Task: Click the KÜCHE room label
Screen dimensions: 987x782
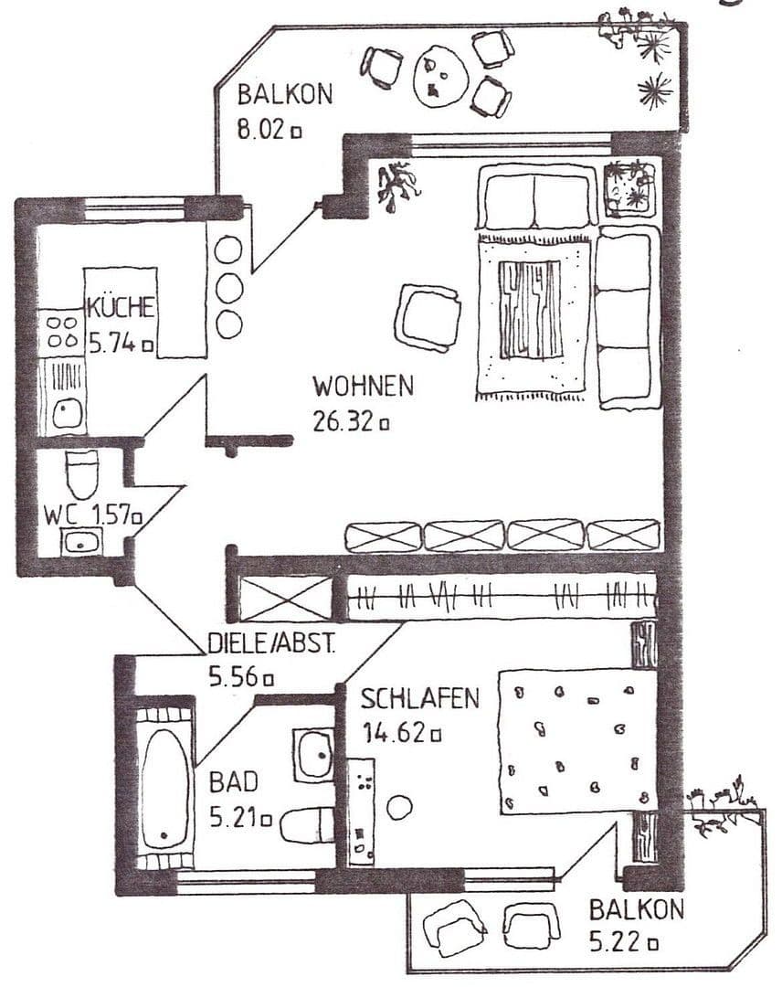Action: tap(121, 308)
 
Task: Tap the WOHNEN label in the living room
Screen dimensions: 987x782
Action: tap(363, 386)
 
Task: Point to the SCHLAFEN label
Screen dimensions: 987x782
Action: tap(419, 699)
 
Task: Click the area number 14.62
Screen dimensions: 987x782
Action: tap(395, 733)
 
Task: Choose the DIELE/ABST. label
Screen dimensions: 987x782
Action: tap(271, 643)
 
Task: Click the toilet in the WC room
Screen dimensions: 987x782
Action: tap(82, 472)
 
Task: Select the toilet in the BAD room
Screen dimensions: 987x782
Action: tap(308, 825)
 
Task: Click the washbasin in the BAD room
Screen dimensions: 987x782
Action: tap(314, 753)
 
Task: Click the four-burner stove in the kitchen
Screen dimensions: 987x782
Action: tap(61, 331)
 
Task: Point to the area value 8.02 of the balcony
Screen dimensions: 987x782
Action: tap(262, 130)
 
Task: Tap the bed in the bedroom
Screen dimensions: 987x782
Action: tap(576, 740)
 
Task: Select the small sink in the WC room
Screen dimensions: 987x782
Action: tap(82, 542)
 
